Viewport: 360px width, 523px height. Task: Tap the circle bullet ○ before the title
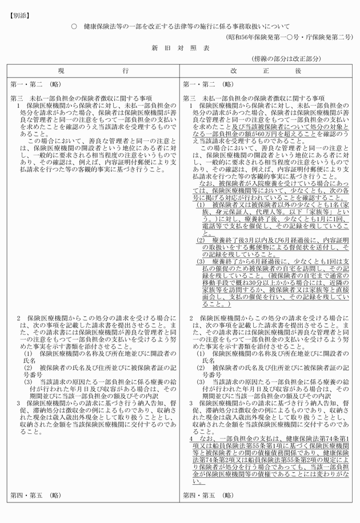(x=74, y=27)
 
